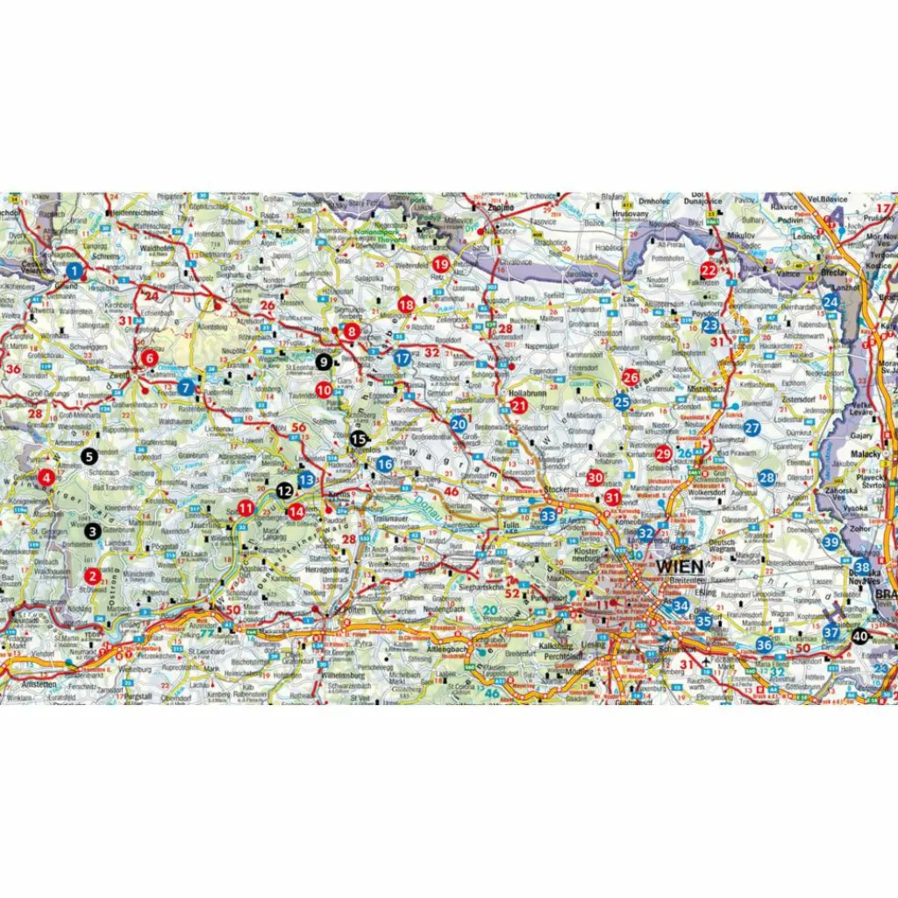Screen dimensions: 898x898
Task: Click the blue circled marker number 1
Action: (x=75, y=270)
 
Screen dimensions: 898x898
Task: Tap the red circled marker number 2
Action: (x=92, y=576)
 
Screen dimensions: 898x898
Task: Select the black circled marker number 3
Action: (x=92, y=531)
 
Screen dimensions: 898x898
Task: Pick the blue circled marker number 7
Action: (x=185, y=387)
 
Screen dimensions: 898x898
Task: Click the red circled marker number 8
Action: (x=352, y=331)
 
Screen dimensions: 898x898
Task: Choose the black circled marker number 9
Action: (x=324, y=360)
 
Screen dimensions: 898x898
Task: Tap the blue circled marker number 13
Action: (x=306, y=480)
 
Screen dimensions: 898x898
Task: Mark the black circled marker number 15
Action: (x=358, y=438)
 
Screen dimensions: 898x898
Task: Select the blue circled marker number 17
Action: (x=403, y=358)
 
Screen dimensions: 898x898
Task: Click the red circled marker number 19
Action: (x=440, y=264)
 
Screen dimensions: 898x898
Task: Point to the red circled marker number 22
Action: (x=709, y=270)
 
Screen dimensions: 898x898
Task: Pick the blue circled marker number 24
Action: (x=830, y=303)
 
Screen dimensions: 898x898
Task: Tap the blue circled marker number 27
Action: (x=752, y=428)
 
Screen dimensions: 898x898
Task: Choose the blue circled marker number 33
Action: (x=548, y=516)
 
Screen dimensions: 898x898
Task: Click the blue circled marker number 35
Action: (x=703, y=621)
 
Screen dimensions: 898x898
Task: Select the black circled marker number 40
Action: (x=859, y=637)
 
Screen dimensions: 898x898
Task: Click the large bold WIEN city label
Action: (x=679, y=567)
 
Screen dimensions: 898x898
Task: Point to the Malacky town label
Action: (x=865, y=454)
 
